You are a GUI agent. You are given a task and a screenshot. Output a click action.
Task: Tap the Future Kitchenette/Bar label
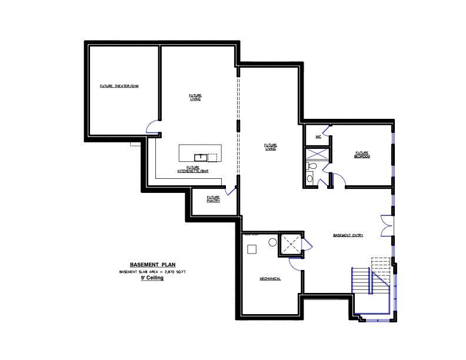[194, 169]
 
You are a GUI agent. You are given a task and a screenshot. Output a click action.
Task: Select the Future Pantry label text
[213, 199]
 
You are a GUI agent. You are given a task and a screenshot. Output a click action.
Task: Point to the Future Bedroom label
[362, 154]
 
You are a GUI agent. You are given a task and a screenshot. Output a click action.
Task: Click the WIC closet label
[318, 136]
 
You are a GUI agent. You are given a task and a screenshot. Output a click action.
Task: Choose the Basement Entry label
[348, 235]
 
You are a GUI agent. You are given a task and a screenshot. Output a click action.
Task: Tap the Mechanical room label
[270, 278]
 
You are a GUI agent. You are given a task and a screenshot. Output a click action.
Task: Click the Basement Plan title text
[152, 265]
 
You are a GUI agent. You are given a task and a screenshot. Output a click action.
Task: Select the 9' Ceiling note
[152, 278]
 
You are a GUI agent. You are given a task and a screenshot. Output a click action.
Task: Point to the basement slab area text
[152, 272]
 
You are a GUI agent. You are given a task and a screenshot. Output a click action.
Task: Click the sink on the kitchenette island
[200, 156]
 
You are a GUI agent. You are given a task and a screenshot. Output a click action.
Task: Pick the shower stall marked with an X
[318, 152]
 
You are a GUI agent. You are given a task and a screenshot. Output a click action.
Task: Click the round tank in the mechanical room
[273, 242]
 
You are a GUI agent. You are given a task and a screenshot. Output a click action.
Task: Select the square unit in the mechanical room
[252, 249]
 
